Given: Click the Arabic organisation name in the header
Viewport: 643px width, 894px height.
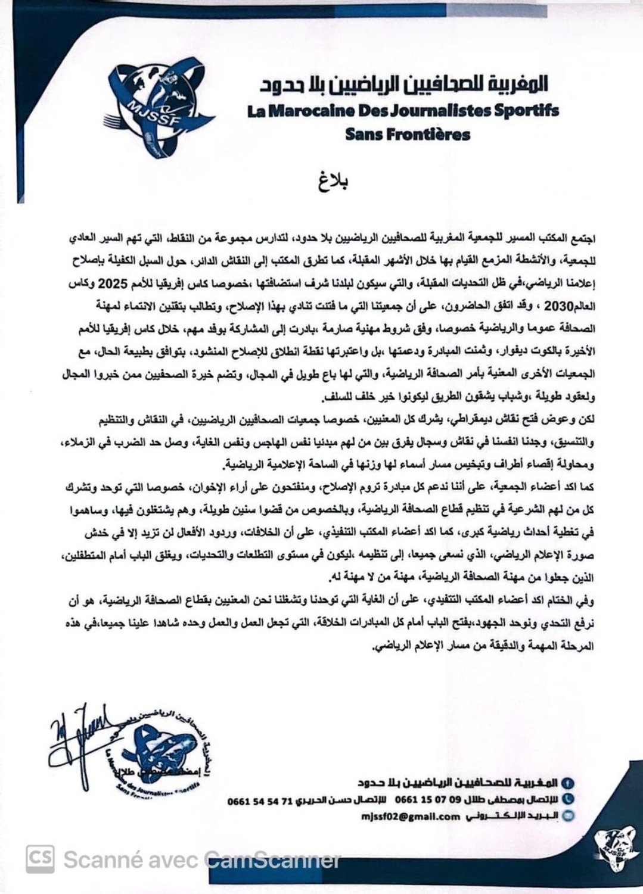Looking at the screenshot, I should coord(403,85).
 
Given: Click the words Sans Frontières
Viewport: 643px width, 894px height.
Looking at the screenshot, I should coord(408,134).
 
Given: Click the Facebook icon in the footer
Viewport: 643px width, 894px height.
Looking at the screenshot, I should coord(569,782).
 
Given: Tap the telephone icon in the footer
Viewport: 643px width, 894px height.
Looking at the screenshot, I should coord(569,799).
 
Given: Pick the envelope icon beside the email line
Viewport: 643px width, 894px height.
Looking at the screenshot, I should coord(569,817).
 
